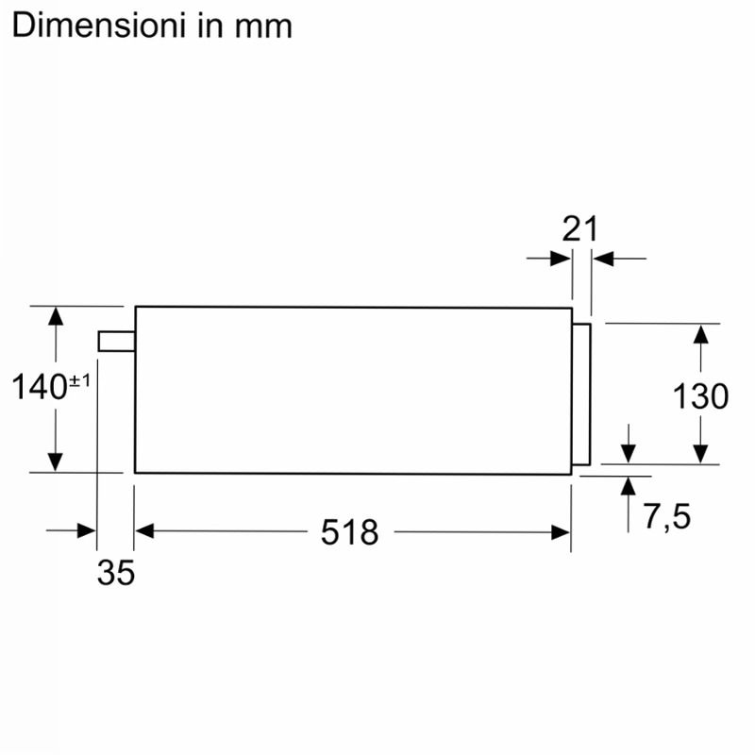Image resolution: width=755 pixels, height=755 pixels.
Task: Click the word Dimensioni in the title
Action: point(99,25)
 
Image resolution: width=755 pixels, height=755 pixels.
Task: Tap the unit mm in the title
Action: point(263,28)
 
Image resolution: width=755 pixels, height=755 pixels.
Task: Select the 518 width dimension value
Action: point(350,532)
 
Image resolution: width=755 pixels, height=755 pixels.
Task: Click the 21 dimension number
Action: point(579,228)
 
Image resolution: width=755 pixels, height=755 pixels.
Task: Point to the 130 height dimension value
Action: point(700,396)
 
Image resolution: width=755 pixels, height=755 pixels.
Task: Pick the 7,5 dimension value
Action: point(667,516)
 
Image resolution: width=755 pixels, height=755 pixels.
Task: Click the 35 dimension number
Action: point(116,573)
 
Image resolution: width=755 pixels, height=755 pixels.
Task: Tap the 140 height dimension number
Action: point(39,387)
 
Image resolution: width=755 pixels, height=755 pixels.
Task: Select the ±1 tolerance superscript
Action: point(80,381)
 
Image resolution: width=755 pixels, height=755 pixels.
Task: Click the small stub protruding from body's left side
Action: point(116,341)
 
